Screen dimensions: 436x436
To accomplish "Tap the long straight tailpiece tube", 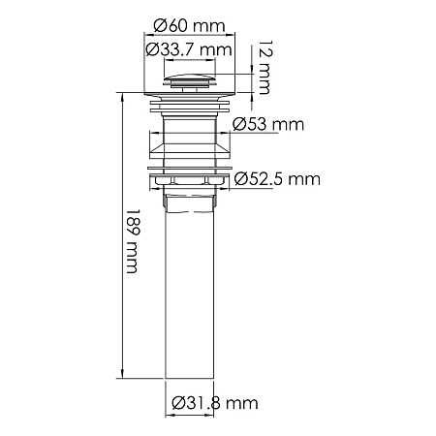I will tap(191, 291).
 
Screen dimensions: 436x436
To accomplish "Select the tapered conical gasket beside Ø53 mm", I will tap(191, 145).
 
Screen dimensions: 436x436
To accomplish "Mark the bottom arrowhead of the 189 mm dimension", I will tap(122, 377).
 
